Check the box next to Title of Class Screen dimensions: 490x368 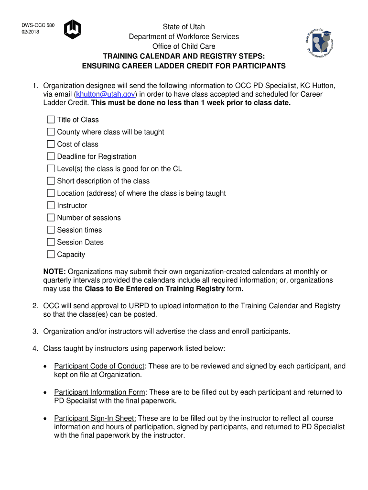[x=51, y=120]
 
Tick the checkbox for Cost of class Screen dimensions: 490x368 [x=51, y=144]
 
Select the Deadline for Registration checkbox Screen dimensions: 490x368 [x=51, y=156]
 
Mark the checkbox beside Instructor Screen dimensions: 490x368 [x=51, y=206]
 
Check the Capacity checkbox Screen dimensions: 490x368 [x=51, y=255]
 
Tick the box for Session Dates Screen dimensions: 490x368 [x=51, y=242]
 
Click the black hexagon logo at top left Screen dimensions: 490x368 [x=73, y=29]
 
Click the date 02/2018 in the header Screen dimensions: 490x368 [x=30, y=32]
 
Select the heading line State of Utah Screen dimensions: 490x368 [x=184, y=27]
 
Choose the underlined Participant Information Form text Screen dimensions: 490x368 [x=99, y=392]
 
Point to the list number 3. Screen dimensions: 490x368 [x=35, y=331]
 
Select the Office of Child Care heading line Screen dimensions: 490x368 [x=184, y=46]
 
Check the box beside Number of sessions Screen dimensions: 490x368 [x=51, y=218]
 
